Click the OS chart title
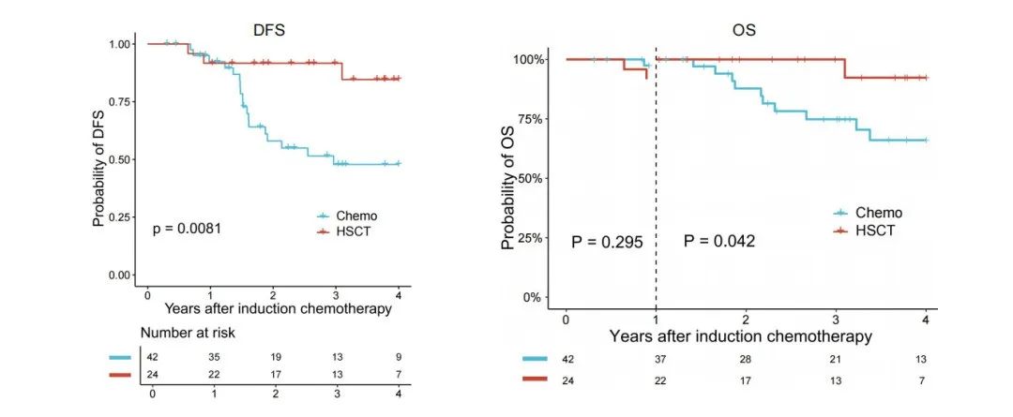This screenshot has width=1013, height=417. click(x=744, y=29)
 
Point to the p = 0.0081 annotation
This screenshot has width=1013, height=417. click(x=187, y=228)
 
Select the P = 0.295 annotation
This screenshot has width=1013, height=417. click(x=607, y=242)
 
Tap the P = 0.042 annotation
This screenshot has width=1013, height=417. click(x=719, y=242)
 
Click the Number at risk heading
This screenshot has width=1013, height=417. click(x=189, y=333)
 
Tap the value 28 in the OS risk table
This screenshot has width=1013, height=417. click(x=746, y=357)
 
